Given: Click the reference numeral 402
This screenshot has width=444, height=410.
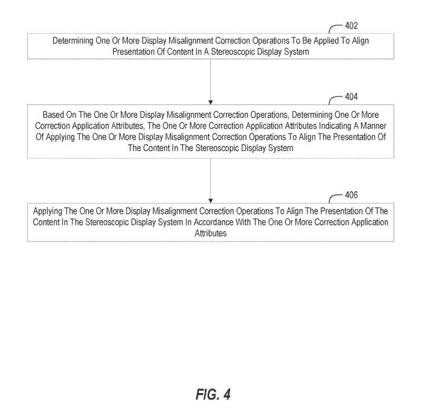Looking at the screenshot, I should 351,26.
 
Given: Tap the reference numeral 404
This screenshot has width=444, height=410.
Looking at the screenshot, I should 351,97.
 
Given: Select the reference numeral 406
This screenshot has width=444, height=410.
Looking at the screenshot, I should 351,195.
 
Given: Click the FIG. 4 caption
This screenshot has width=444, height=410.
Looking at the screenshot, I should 213,394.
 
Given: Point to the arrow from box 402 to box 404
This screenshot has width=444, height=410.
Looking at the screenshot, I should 210,81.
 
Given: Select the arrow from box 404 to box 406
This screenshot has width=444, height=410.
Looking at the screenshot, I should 210,180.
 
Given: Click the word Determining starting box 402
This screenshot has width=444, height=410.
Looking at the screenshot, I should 77,42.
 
